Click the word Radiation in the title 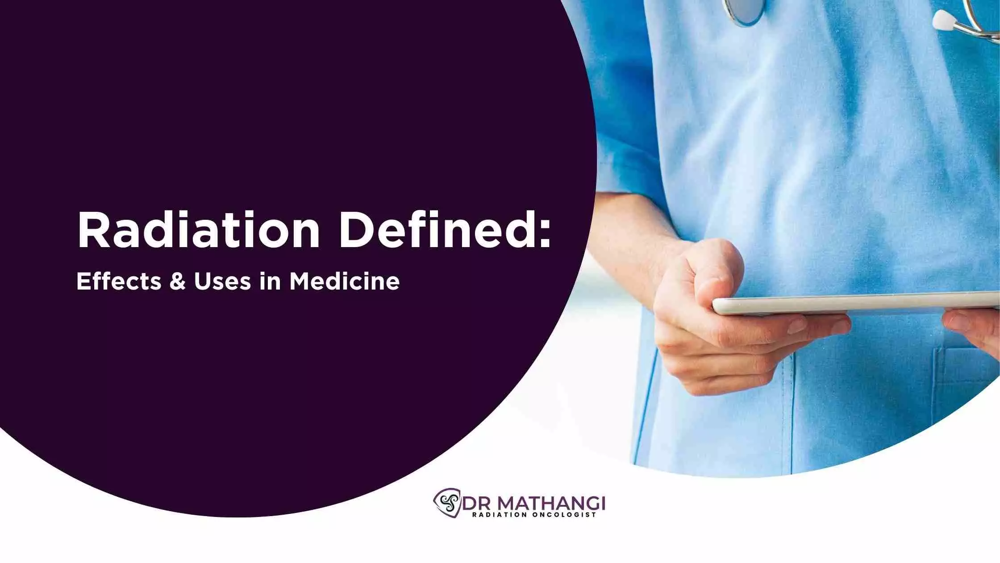(199, 231)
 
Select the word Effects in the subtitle (119, 281)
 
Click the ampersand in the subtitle (178, 281)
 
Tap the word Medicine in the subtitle (345, 281)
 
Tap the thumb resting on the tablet (714, 268)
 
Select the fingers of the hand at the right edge (973, 328)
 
